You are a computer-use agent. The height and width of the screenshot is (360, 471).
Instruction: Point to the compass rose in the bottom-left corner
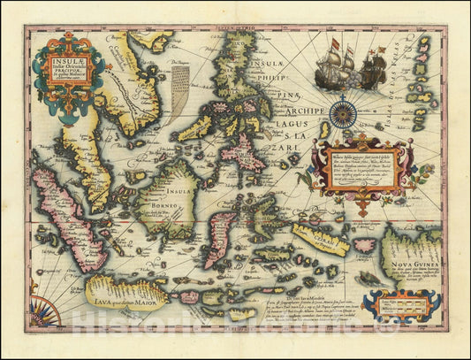point(42,312)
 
